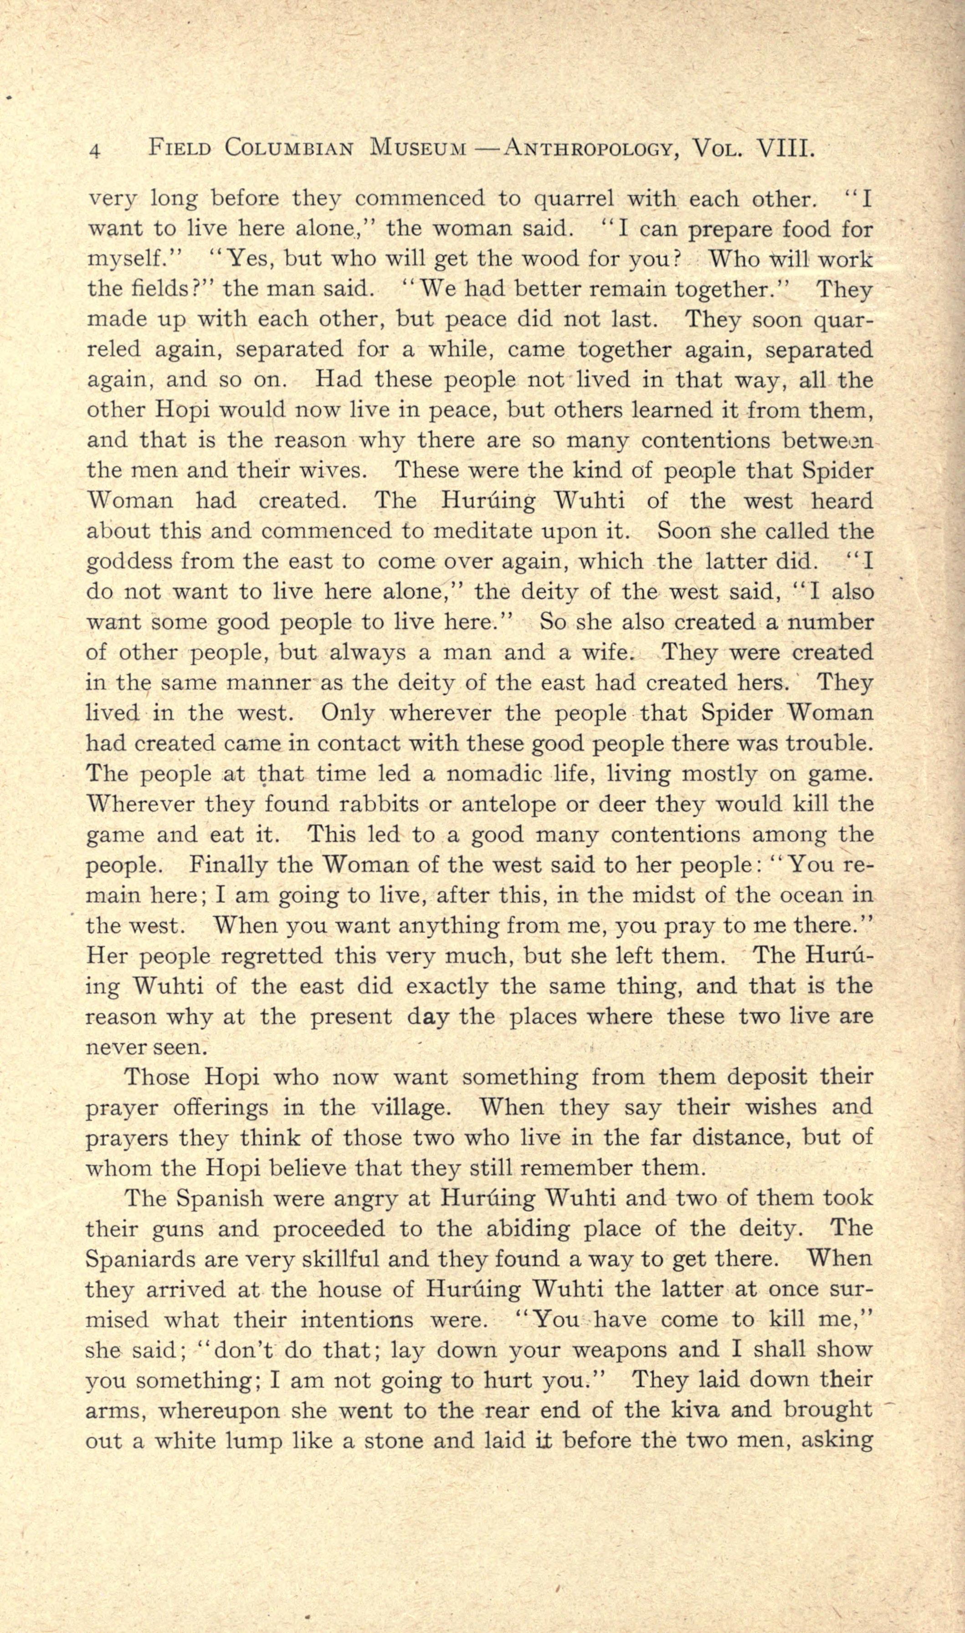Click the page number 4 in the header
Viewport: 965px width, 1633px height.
(x=95, y=151)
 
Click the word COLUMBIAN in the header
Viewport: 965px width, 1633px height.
(x=289, y=149)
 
